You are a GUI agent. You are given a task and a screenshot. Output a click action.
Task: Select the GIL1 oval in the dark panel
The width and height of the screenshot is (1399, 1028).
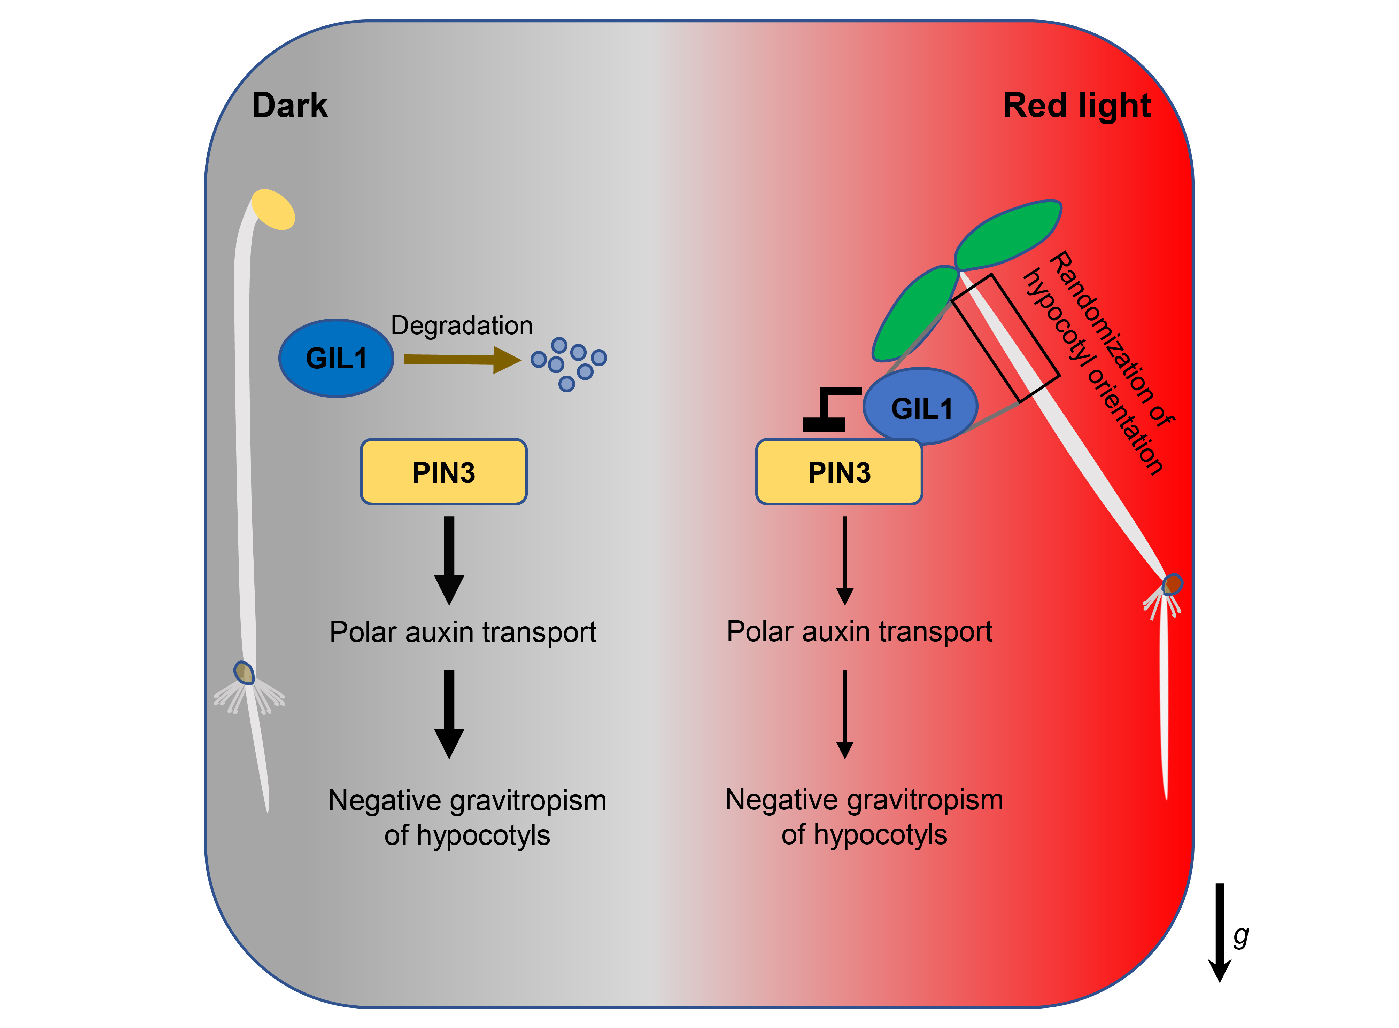click(336, 359)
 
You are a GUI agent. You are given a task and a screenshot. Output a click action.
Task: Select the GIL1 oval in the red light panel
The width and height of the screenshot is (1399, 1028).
click(920, 408)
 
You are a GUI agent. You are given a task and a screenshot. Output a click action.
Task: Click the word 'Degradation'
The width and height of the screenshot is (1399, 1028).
click(461, 325)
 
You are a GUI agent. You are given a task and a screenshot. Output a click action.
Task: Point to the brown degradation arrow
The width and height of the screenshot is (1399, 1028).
click(461, 360)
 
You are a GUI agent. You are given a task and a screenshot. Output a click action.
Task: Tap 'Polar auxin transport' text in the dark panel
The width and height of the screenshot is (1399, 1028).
click(463, 632)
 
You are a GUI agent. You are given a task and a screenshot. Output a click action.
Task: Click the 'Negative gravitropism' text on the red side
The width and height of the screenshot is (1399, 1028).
click(864, 800)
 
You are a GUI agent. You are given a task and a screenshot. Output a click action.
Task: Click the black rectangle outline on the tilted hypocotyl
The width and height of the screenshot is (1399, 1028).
click(1005, 338)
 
